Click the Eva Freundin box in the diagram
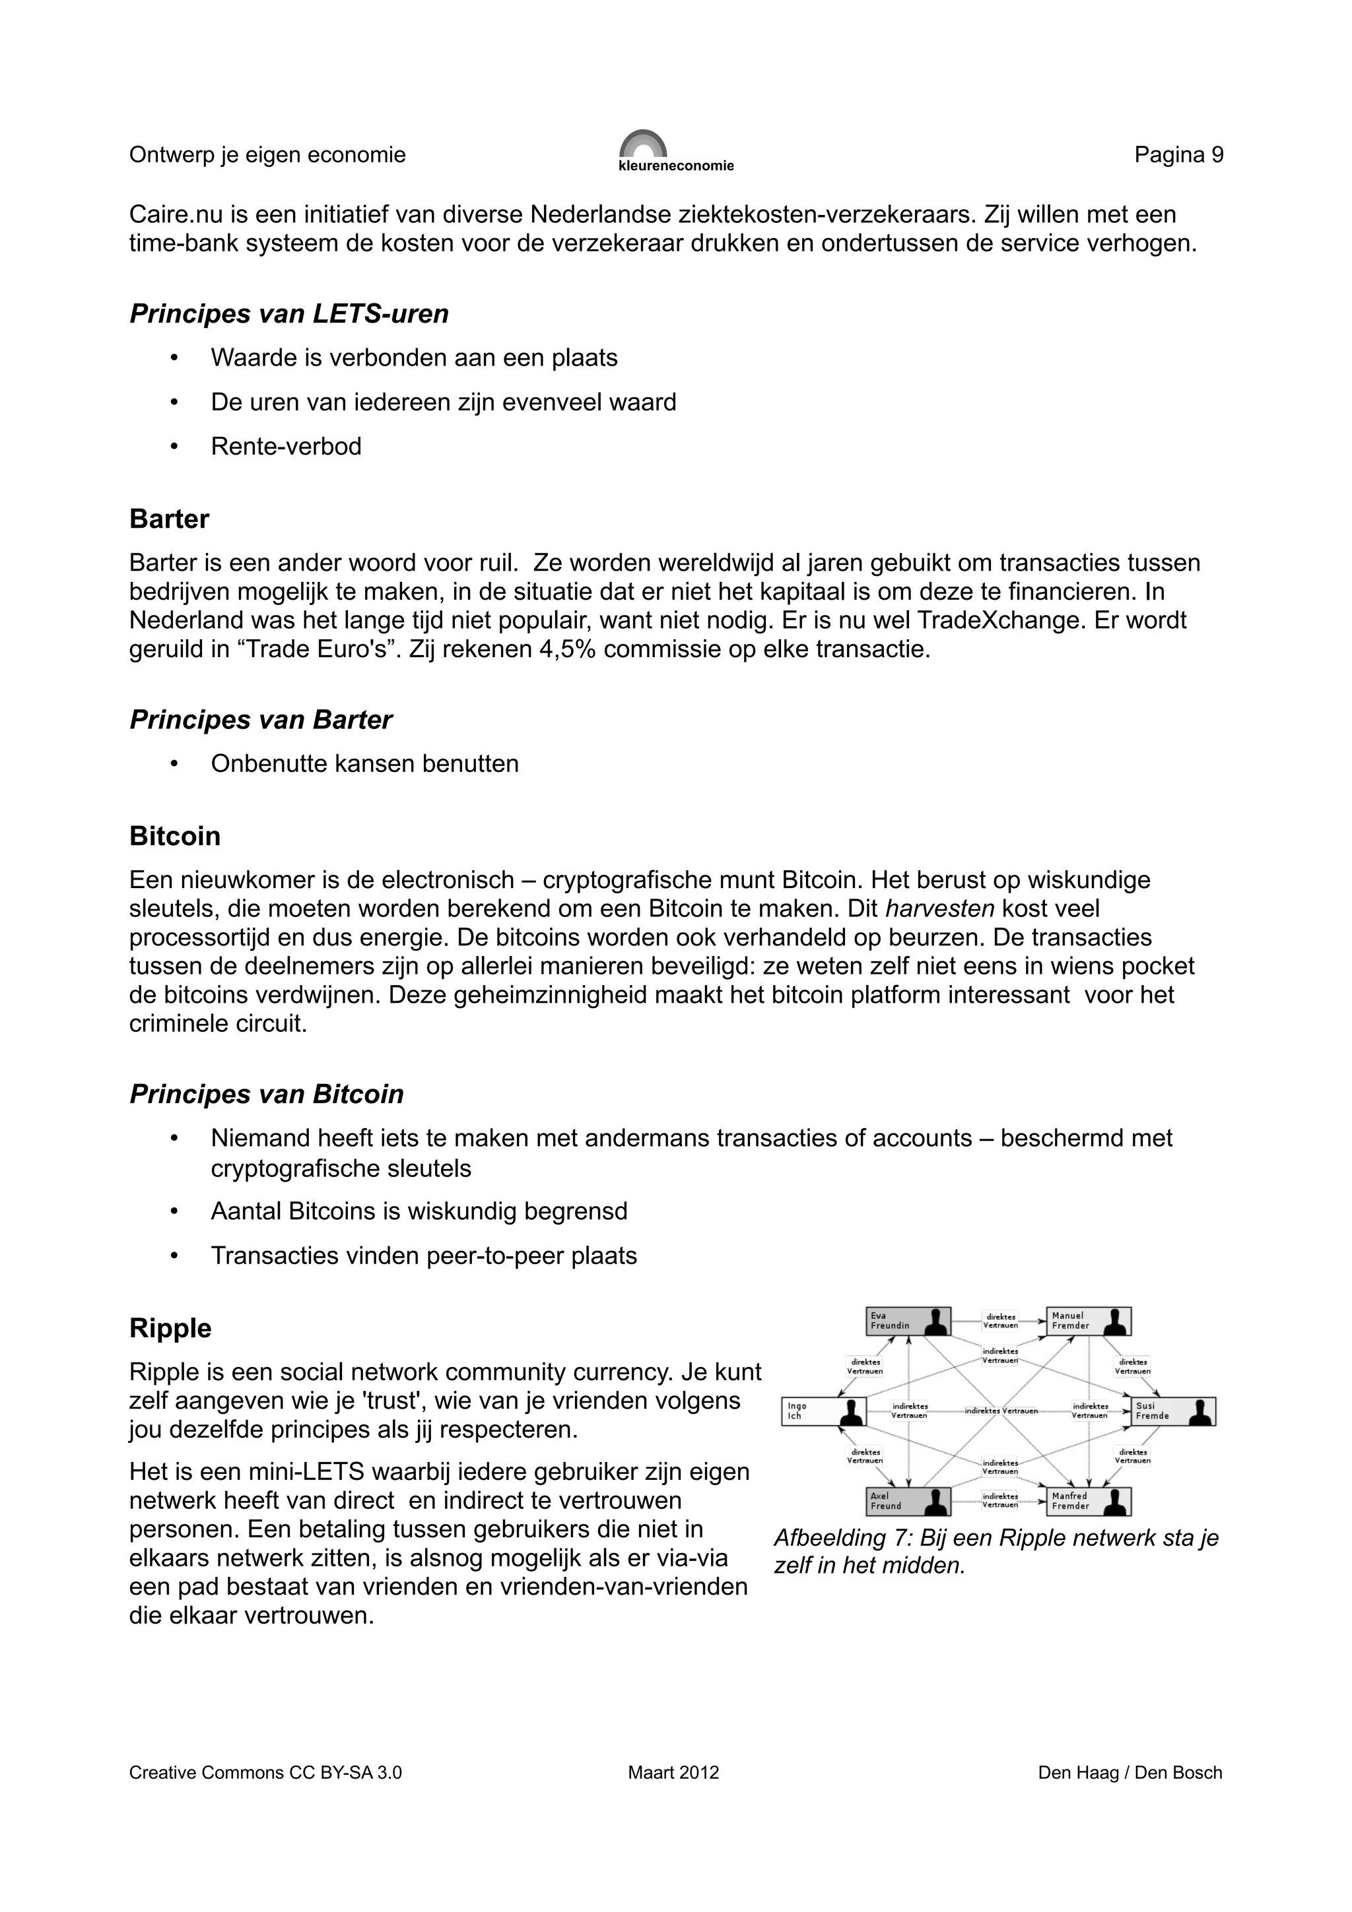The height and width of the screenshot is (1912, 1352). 908,1321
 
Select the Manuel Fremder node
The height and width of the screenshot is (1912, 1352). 1088,1321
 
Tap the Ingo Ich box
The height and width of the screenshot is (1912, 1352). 824,1411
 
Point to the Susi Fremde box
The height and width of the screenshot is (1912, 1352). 1173,1411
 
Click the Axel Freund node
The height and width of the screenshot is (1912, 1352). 908,1500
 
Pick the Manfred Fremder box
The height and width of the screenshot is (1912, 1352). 1088,1500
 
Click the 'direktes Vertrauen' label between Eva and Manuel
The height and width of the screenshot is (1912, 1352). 999,1321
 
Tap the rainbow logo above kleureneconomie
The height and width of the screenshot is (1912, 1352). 643,143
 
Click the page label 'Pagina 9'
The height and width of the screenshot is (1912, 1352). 1178,155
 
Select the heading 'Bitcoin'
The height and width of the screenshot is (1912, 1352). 175,836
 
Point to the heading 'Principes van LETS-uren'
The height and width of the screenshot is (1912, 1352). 289,314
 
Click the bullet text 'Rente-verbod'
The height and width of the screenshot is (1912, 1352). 286,447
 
